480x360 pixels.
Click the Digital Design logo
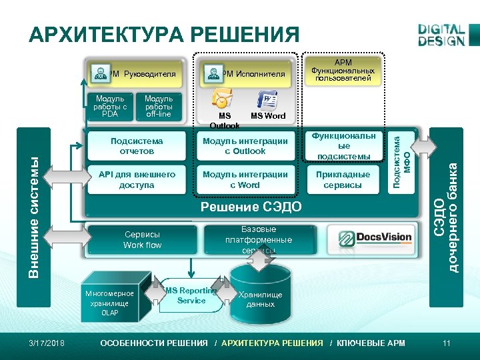click(441, 35)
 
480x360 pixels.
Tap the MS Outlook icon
click(221, 99)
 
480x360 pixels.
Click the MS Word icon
click(268, 101)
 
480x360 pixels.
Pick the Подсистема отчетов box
click(137, 146)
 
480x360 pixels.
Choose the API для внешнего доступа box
click(137, 179)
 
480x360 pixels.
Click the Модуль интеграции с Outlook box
click(245, 146)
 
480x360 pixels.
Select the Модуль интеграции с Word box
click(245, 179)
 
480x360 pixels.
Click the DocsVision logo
click(376, 239)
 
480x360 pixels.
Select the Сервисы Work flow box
click(143, 240)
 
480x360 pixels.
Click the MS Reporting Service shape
click(191, 295)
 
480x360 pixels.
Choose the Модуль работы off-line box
click(159, 106)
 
